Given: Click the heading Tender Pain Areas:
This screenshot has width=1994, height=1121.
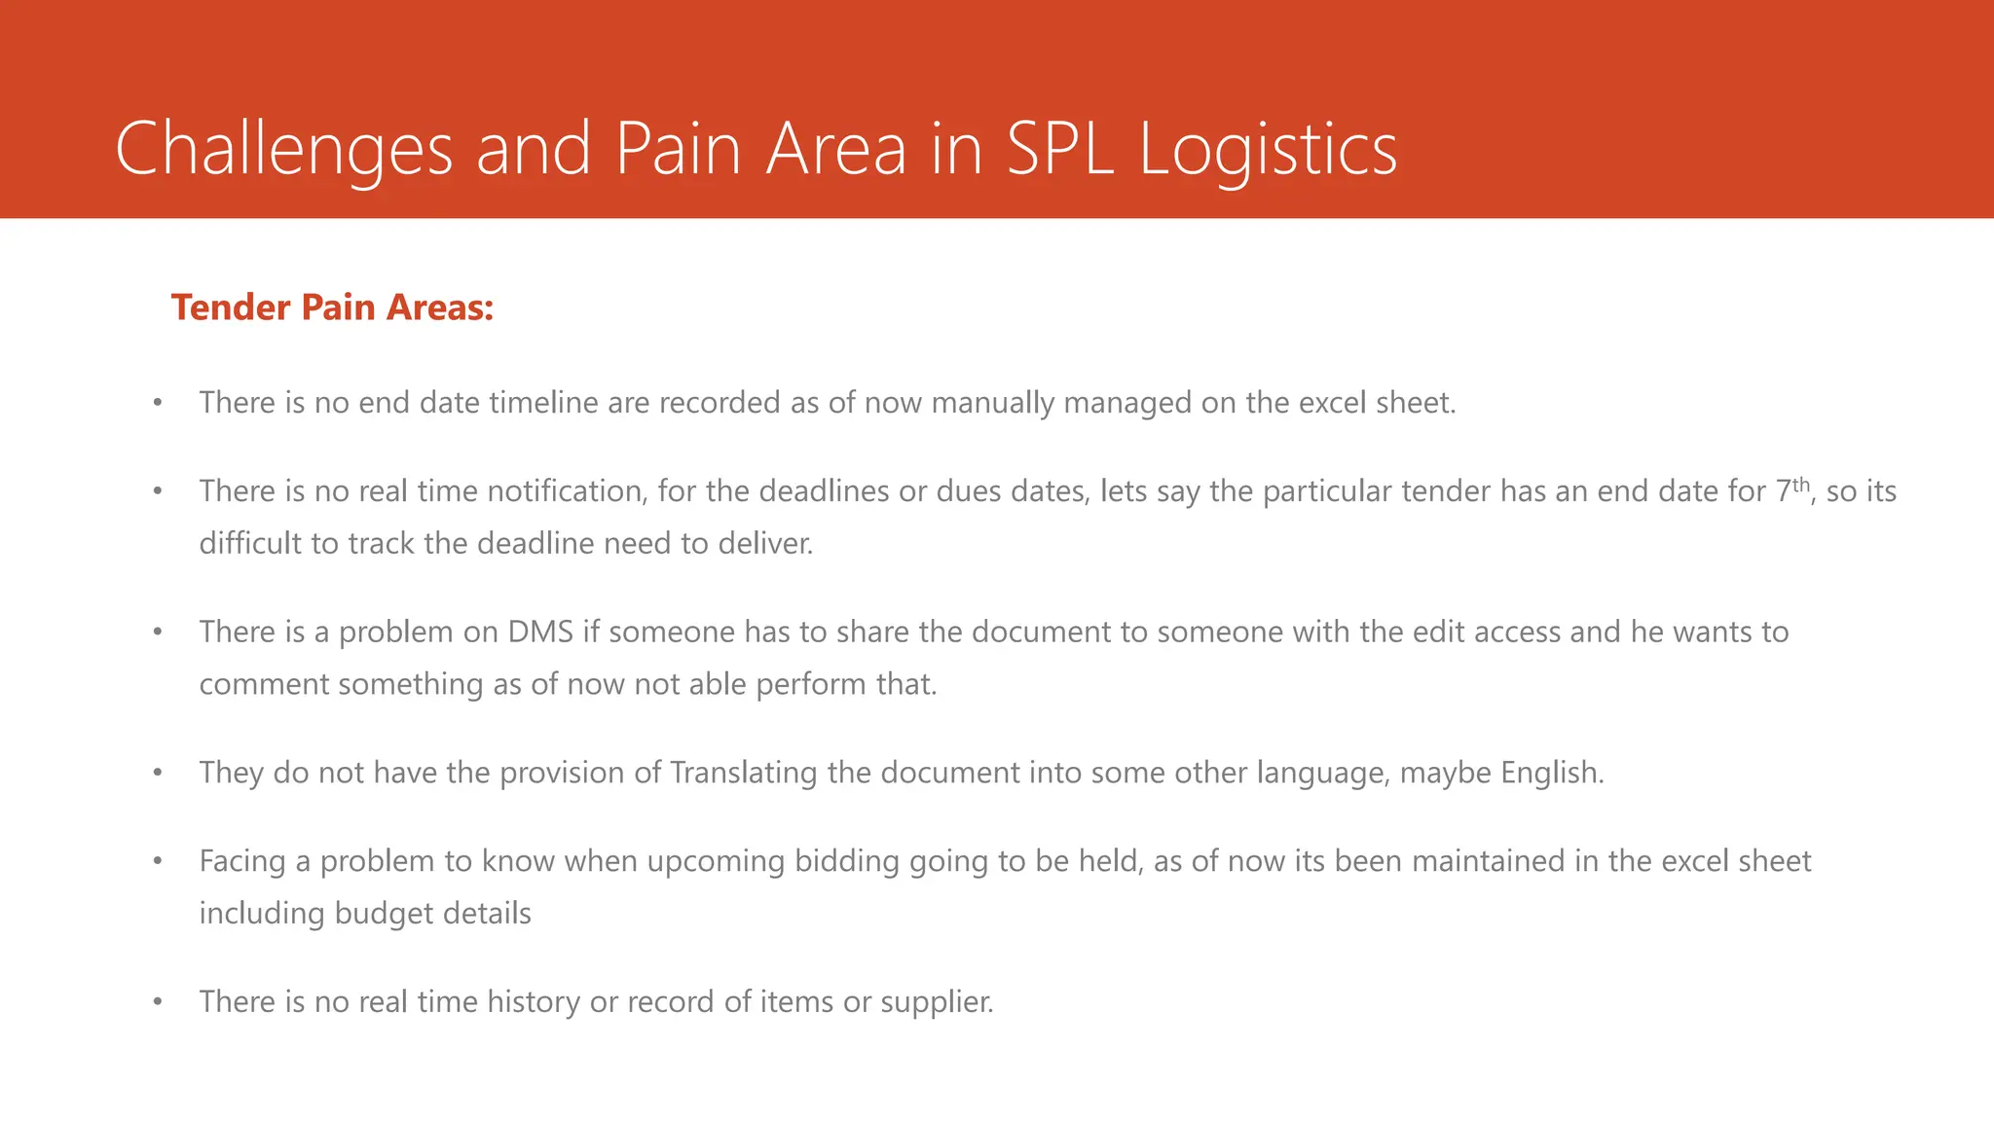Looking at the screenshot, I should click(x=332, y=307).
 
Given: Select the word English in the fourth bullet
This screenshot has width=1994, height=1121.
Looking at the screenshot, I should click(x=1551, y=773).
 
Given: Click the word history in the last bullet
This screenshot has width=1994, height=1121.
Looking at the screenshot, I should click(x=533, y=1002).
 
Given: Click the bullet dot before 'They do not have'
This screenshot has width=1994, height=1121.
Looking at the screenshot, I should click(x=157, y=774).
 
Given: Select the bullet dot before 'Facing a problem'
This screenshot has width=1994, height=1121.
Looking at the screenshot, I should click(x=157, y=862).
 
